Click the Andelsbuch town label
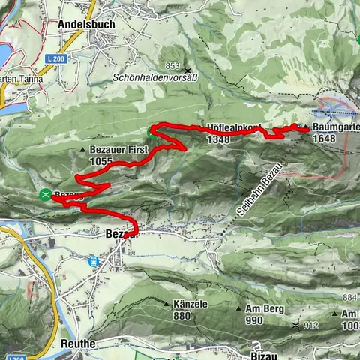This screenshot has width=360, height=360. [x=85, y=24]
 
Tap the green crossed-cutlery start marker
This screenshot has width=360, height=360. [x=46, y=195]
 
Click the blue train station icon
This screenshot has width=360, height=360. [x=94, y=262]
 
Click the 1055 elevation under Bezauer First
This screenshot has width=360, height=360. [x=100, y=160]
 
